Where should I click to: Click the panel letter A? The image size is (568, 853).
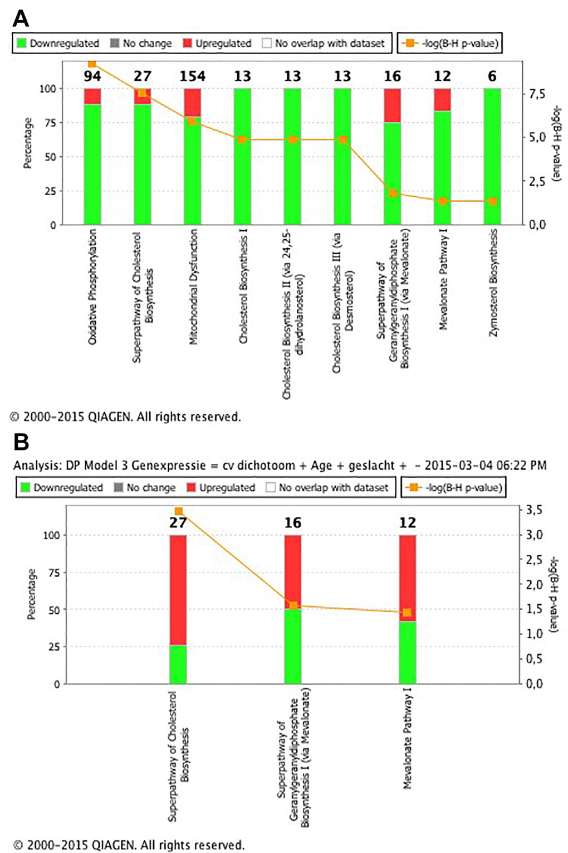(21, 18)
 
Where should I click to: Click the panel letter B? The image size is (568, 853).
(21, 442)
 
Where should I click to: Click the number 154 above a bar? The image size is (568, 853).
(192, 76)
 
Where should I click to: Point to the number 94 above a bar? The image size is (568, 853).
(92, 76)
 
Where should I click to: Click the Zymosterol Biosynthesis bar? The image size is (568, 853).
(492, 156)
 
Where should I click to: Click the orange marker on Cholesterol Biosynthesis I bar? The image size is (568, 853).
(242, 139)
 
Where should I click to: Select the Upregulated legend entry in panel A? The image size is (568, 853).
(217, 43)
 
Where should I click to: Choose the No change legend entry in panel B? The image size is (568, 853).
(145, 487)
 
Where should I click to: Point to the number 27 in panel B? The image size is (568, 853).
(178, 522)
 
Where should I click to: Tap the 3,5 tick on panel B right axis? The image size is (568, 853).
(535, 510)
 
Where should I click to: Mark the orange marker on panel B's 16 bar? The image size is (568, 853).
(293, 605)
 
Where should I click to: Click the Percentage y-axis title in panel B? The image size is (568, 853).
(32, 594)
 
